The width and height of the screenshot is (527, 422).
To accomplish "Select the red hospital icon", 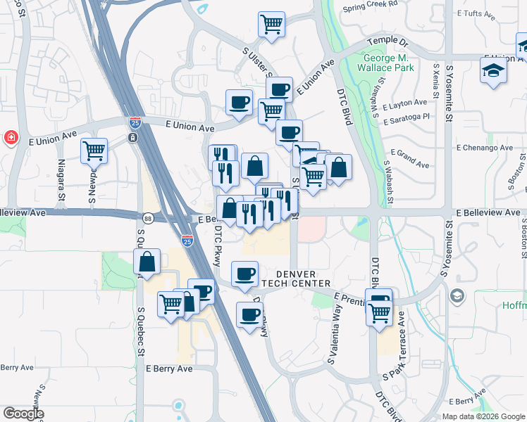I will [11, 136].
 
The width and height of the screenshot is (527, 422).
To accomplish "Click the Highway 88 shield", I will [147, 219].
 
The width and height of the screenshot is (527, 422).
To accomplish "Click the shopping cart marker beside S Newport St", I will [94, 150].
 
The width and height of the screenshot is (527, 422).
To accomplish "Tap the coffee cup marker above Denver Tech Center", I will [244, 273].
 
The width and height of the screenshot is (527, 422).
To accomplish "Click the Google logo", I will [23, 414].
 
